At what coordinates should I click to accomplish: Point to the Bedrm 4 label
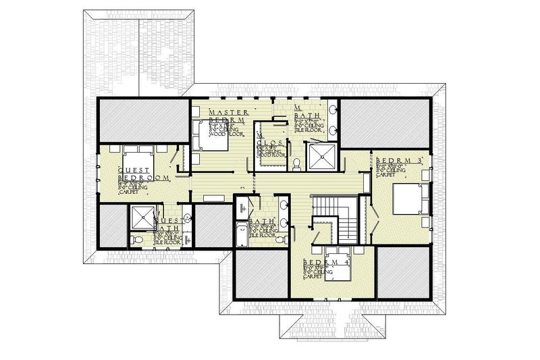tap(323, 261)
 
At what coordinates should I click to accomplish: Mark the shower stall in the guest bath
tap(141, 217)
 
